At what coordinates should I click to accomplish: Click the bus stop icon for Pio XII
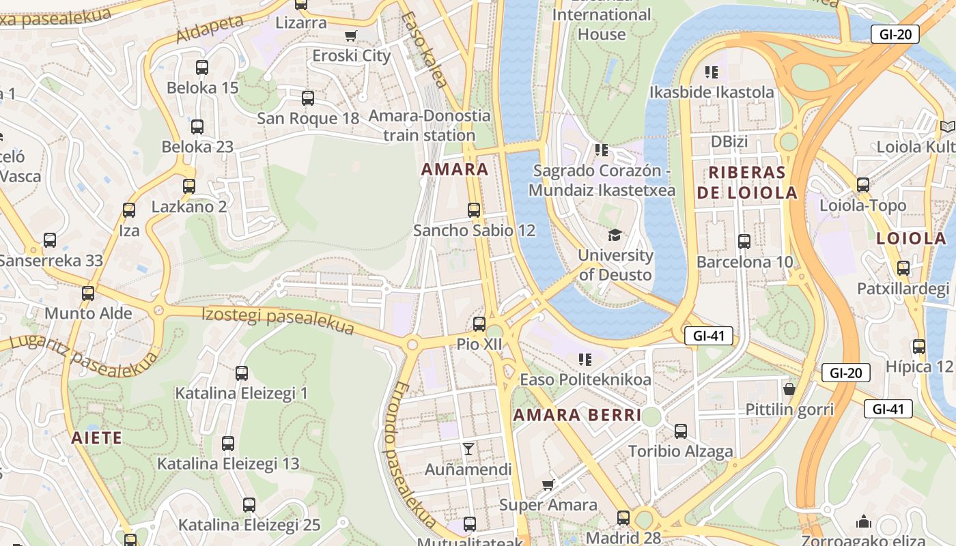click(479, 324)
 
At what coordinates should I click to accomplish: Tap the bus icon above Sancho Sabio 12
click(474, 210)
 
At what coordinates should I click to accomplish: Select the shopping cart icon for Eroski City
click(351, 35)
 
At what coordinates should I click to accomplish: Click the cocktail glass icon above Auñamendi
click(468, 449)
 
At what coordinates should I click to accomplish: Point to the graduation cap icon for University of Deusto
click(615, 235)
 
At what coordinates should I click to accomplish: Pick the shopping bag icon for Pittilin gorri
click(789, 389)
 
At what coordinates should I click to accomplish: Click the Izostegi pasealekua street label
click(278, 321)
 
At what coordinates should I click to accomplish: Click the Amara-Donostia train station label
click(430, 126)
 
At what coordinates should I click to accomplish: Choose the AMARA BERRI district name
click(577, 415)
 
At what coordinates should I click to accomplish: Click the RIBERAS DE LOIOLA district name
click(747, 182)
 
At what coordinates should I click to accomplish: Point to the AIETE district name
click(96, 438)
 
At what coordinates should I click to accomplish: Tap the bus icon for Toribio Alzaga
click(680, 431)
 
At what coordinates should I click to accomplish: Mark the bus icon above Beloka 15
click(202, 68)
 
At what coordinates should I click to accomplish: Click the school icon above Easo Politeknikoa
click(585, 359)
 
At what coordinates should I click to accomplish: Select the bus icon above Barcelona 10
click(744, 242)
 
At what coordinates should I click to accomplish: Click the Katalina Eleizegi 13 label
click(228, 464)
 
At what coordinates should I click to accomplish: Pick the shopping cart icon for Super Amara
click(548, 485)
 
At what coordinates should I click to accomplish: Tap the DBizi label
click(729, 142)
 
